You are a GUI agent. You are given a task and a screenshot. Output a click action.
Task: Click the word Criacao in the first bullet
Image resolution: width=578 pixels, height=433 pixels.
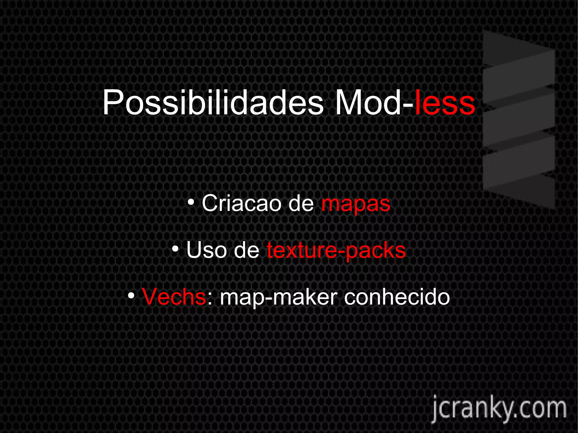[241, 203]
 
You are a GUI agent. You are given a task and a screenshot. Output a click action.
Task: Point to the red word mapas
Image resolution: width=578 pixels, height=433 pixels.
[356, 204]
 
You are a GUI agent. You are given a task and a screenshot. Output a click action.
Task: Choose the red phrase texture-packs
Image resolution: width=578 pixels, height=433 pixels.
[336, 250]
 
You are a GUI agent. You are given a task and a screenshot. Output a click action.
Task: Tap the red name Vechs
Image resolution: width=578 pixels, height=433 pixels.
[174, 297]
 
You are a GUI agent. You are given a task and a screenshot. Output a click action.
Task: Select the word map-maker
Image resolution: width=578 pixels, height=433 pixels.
[279, 297]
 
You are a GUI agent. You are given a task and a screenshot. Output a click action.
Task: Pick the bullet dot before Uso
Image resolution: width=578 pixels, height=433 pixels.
[176, 249]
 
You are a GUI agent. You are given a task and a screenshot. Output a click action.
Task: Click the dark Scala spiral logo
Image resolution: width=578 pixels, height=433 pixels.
[519, 120]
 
